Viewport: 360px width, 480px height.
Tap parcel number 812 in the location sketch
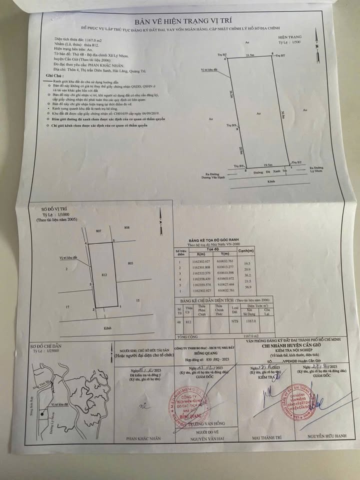click(104, 275)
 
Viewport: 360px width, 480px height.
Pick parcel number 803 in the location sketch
click(130, 263)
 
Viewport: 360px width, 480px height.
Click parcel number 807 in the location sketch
click(98, 230)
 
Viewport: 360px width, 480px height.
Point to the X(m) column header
click(194, 253)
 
